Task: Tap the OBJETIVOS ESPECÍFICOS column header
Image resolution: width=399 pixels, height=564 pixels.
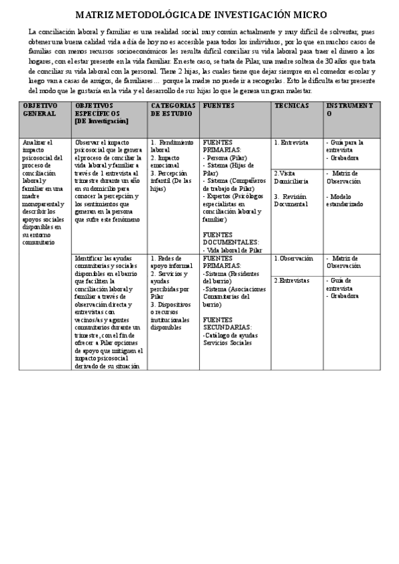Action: point(101,113)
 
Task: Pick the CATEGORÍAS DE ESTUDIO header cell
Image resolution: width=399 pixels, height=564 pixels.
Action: point(173,110)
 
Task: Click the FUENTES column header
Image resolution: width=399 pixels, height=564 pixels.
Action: point(218,106)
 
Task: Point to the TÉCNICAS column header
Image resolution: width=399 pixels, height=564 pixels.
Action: point(292,106)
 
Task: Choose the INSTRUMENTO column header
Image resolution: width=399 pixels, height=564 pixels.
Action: point(349,110)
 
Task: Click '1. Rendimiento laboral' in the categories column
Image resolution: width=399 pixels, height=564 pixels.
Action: point(171,146)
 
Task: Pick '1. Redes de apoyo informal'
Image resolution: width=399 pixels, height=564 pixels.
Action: point(171,261)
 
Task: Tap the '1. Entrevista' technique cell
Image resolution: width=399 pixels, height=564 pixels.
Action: point(291,142)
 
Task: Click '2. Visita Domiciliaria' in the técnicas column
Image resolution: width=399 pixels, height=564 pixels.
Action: point(292,177)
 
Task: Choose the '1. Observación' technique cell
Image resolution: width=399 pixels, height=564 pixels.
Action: point(292,258)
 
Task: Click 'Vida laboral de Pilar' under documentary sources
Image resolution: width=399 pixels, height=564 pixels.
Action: point(234,250)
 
